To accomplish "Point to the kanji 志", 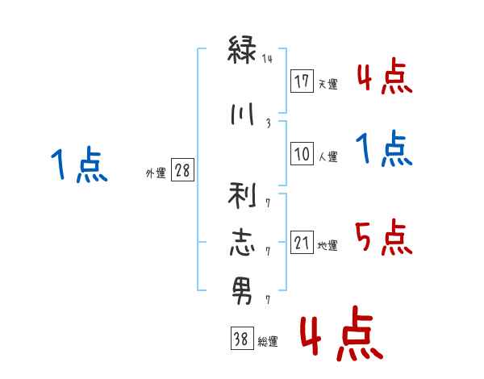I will [242, 243].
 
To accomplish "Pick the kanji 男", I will [242, 290].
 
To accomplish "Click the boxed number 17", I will [302, 81].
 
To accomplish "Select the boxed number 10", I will [302, 154].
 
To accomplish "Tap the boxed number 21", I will [302, 242].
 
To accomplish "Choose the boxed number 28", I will [182, 171].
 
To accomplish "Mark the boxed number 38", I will [241, 339].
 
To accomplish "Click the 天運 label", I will [328, 84].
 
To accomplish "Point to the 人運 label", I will [328, 157].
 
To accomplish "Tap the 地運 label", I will [328, 245].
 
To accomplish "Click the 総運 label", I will [267, 342].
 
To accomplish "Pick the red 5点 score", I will [383, 237].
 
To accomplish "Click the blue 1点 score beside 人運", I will [384, 149].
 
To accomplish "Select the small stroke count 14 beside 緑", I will [268, 59].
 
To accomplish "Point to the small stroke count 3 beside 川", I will [268, 123].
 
